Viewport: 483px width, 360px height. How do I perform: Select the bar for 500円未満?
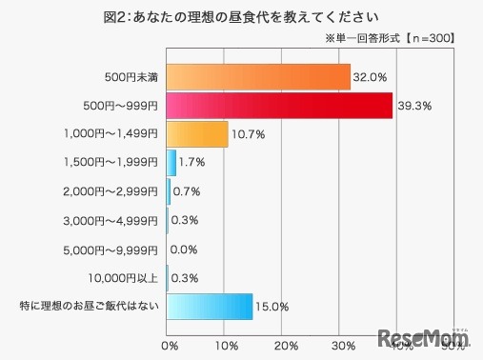coord(258,76)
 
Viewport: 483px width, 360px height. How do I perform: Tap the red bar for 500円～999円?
coord(280,105)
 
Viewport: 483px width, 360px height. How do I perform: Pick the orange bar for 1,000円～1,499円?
coord(197,133)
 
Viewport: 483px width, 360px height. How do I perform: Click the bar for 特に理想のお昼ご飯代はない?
coord(210,307)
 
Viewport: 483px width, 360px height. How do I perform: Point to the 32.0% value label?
coord(371,76)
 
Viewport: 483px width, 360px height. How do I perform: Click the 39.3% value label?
coord(413,105)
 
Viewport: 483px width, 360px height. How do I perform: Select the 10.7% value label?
coord(249,134)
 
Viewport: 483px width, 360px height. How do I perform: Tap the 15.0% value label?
coord(272,307)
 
